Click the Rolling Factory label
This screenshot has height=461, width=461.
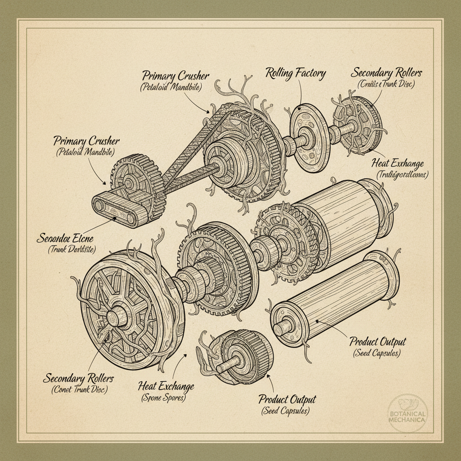pos(295,73)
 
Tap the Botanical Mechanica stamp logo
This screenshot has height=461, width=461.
pos(407,411)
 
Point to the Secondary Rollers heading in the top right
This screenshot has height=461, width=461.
pos(386,73)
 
